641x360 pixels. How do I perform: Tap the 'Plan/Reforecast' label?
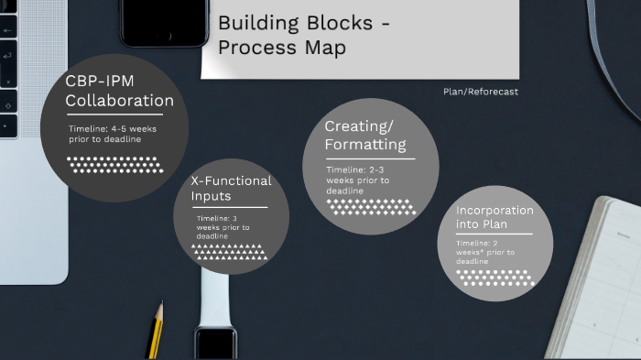[481, 92]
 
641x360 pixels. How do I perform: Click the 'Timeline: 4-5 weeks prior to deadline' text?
[112, 134]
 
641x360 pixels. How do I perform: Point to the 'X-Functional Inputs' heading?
[231, 188]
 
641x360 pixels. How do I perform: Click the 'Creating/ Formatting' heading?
[365, 136]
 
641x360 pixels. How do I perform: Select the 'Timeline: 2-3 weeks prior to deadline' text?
[358, 180]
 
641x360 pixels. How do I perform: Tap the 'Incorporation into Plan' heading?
[494, 217]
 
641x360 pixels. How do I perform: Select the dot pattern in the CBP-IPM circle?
[115, 165]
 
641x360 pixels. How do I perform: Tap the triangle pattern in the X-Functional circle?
[229, 252]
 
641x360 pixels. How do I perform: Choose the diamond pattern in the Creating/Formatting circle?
[371, 207]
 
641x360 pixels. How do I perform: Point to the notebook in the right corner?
[600, 275]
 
